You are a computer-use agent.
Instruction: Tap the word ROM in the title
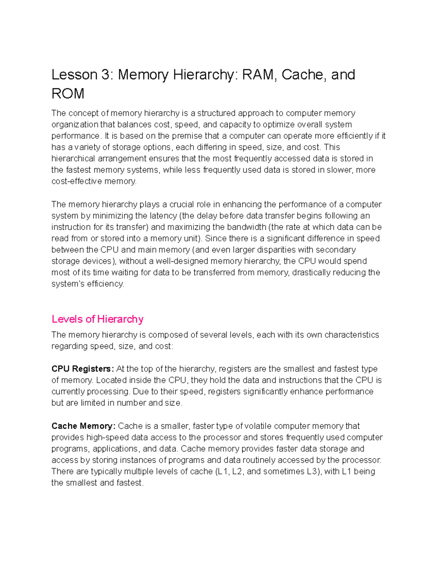click(x=68, y=94)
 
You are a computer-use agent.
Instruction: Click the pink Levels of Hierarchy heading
click(x=97, y=319)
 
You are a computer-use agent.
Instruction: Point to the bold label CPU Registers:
click(x=82, y=369)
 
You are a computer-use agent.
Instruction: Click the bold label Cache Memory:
click(x=83, y=426)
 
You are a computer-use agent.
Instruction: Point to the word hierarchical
click(x=73, y=158)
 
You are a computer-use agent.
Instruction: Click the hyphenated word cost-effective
click(x=77, y=181)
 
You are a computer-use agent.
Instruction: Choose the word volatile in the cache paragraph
click(x=258, y=426)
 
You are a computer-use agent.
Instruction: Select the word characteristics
click(x=352, y=335)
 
